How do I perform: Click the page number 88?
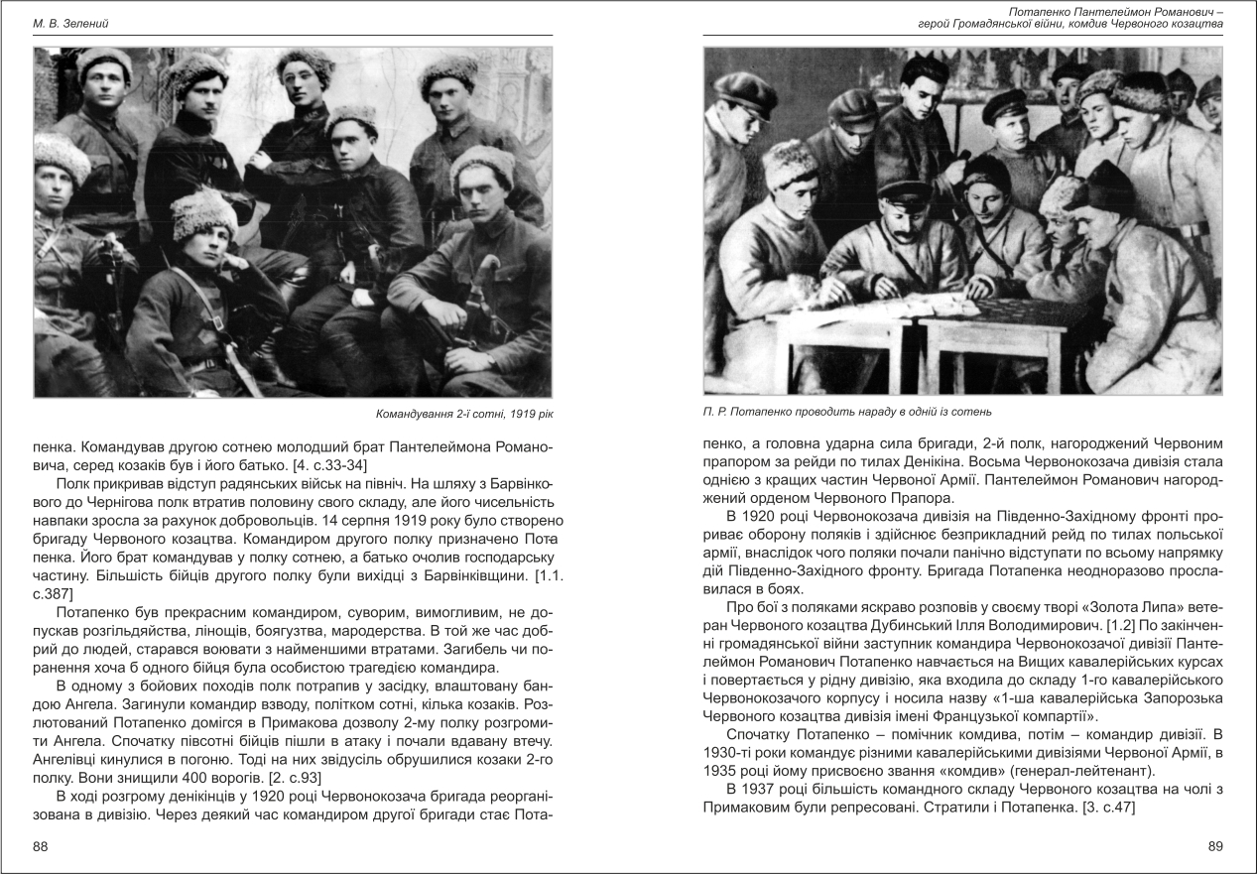(x=41, y=846)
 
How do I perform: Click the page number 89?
(x=1215, y=846)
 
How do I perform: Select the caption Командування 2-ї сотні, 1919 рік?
(x=471, y=413)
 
